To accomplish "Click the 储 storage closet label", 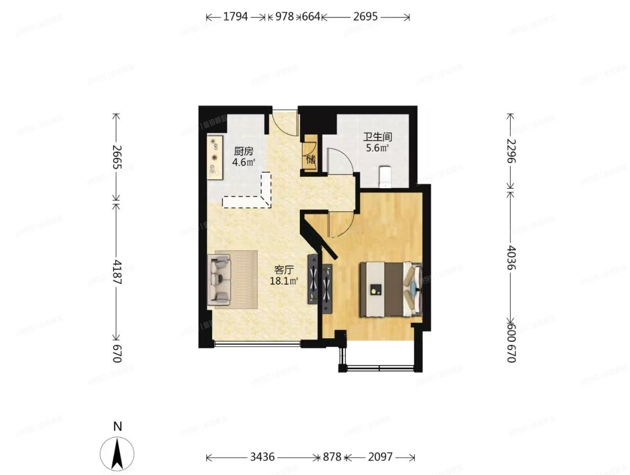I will pos(310,159).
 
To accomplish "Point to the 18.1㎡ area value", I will pos(284,281).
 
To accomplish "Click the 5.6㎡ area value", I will pos(378,148).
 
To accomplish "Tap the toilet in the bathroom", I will pos(385,177).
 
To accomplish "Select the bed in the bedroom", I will pos(391,289).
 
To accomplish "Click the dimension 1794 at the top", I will pos(235,16).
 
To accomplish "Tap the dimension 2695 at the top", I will pos(365,16).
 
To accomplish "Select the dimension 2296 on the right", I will pos(511,151).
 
